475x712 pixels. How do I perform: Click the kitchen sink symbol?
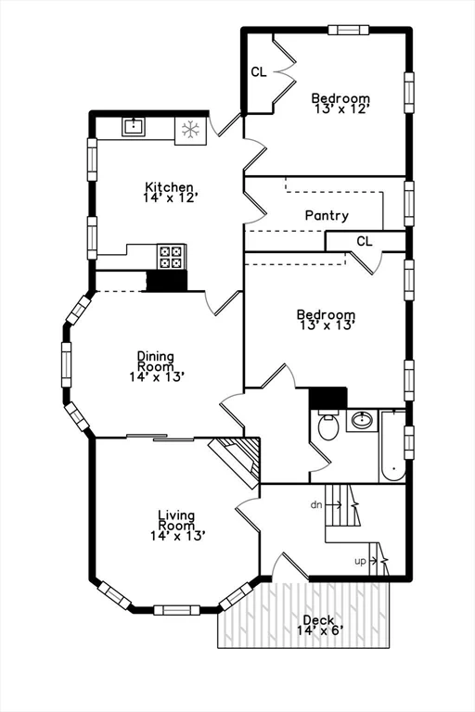[x=135, y=127]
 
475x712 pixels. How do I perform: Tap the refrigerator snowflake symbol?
[x=191, y=129]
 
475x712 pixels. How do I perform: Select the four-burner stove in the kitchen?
[x=172, y=256]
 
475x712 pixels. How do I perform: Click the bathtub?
[x=393, y=446]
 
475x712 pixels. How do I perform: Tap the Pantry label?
[x=327, y=216]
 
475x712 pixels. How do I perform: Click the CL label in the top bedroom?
[x=259, y=71]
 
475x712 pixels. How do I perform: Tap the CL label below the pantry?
[x=365, y=241]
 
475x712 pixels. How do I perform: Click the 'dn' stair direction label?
[x=316, y=504]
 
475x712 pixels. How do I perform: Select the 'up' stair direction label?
[x=361, y=561]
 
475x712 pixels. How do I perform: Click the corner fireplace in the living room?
[x=237, y=461]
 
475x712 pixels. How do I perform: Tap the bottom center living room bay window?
[x=176, y=609]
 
